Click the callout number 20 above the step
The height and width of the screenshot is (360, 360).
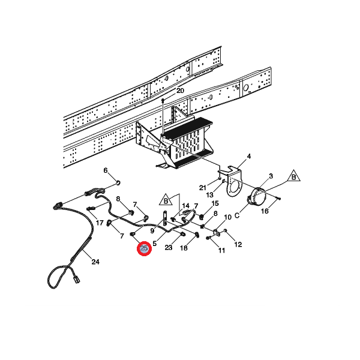(x=179, y=91)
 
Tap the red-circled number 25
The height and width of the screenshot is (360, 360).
(x=144, y=248)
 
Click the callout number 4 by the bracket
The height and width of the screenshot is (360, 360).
(x=249, y=157)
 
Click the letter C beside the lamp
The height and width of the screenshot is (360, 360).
(x=237, y=215)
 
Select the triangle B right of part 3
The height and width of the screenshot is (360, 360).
(x=295, y=176)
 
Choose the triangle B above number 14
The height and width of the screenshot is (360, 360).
(x=166, y=199)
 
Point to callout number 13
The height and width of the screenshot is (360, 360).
(x=209, y=195)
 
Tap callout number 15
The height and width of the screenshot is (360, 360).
(x=215, y=204)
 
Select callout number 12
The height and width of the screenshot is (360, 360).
(x=238, y=244)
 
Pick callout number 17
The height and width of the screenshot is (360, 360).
(x=100, y=223)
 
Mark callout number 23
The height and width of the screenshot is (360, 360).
(x=169, y=247)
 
